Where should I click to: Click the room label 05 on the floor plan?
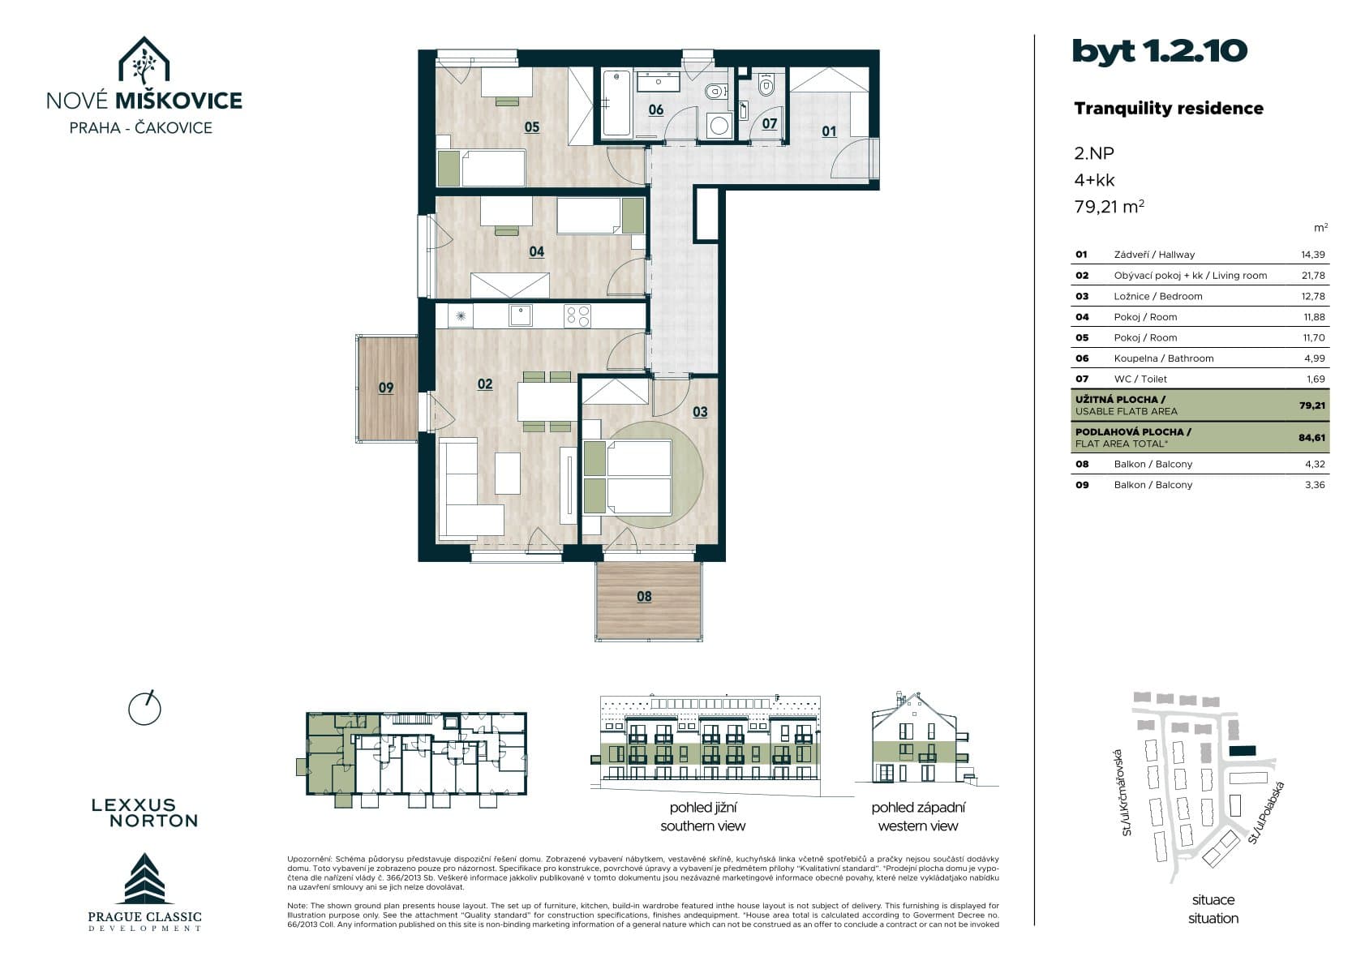click(x=531, y=127)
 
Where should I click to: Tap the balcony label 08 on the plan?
click(x=644, y=597)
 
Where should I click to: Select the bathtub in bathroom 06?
click(x=616, y=102)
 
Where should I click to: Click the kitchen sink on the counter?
click(x=521, y=315)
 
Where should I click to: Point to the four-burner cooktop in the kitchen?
click(x=577, y=316)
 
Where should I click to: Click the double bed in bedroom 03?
click(x=629, y=477)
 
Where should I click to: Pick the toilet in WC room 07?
click(x=766, y=84)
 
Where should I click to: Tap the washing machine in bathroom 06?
click(x=719, y=126)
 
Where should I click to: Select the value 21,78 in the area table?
click(x=1313, y=276)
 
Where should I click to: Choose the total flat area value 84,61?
click(x=1311, y=437)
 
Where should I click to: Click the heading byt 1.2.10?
click(x=1160, y=51)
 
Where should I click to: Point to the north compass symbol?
click(x=144, y=709)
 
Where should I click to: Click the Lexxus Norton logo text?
click(x=145, y=813)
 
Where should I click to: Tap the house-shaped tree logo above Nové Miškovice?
click(x=144, y=60)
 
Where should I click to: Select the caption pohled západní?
click(x=918, y=808)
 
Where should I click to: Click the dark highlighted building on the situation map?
click(x=1243, y=751)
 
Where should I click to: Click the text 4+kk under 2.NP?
click(x=1094, y=180)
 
